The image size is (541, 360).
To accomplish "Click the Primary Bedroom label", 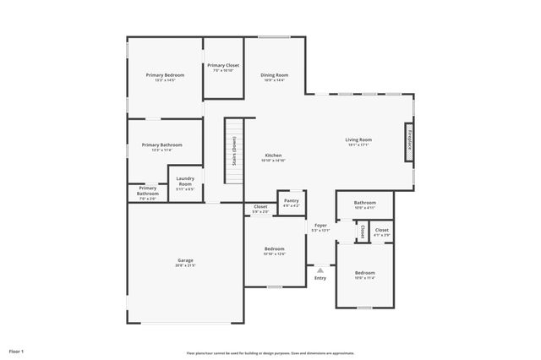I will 165,75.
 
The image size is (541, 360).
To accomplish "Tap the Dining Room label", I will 274,75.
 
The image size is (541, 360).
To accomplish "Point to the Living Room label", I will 358,139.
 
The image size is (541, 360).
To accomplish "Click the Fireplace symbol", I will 409,139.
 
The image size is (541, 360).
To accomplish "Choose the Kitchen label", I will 274,155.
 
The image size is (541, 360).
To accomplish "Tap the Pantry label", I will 292,200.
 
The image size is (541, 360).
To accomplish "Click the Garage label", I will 185,259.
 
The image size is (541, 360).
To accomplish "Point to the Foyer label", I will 320,226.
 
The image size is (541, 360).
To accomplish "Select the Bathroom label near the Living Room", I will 365,203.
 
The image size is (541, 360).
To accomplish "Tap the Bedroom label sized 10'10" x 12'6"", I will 274,248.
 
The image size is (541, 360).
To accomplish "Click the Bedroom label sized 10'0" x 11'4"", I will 365,273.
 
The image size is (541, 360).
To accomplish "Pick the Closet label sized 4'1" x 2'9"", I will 382,230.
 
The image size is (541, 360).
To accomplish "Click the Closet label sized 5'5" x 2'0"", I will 260,206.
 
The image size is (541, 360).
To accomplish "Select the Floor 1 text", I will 17,350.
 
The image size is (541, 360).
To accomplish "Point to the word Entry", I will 320,278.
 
